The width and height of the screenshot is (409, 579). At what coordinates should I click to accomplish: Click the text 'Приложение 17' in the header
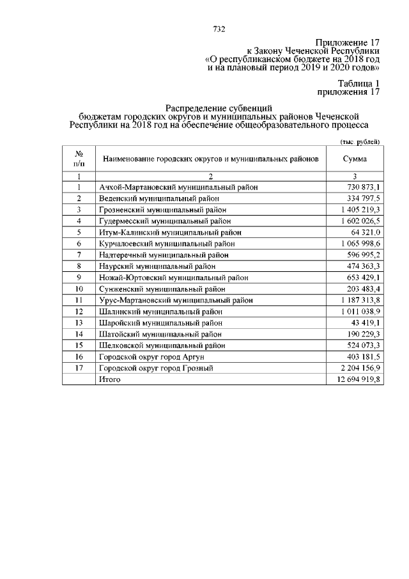pos(347,42)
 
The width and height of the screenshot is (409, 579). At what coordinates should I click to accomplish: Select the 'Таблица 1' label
pos(359,83)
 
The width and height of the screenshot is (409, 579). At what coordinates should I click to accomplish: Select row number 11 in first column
pos(79,300)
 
